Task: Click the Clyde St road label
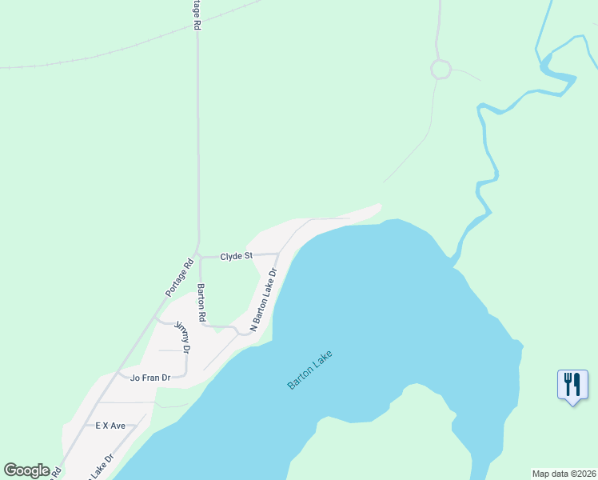237,256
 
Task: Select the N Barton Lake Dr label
263,300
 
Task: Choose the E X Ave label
110,426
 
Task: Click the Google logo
26,470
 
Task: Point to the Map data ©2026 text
564,474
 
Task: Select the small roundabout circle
441,70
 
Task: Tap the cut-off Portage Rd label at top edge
197,15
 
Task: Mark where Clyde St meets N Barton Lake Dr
278,254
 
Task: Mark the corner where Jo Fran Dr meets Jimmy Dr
185,374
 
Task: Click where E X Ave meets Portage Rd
86,426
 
